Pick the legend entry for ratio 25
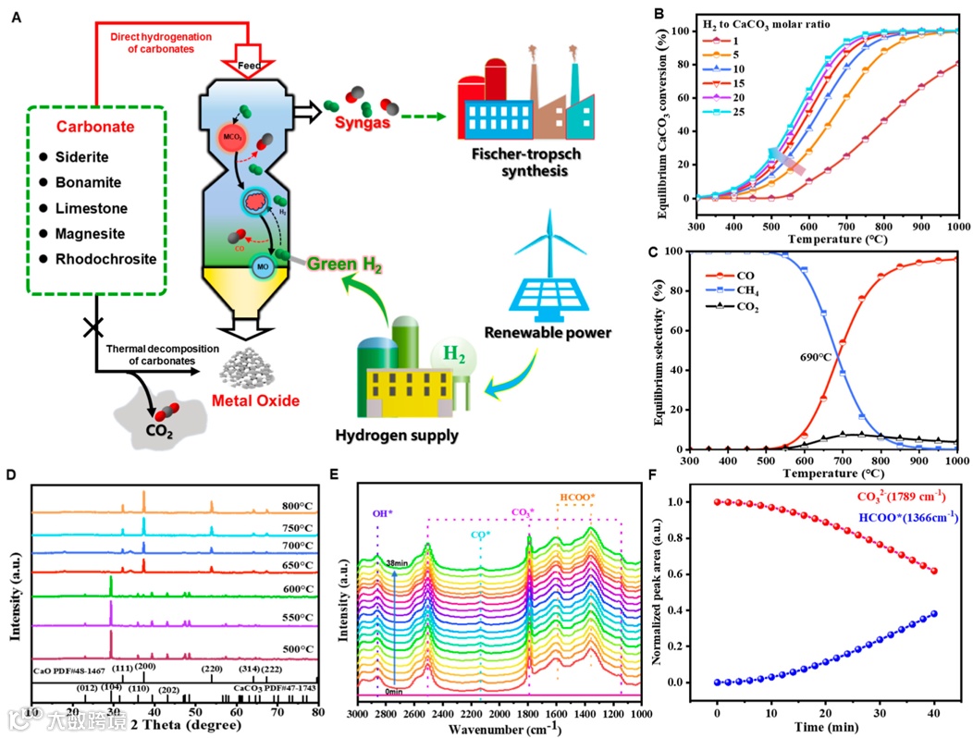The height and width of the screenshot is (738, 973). point(723,112)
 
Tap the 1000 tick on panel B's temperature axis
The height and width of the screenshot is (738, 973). point(956,227)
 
